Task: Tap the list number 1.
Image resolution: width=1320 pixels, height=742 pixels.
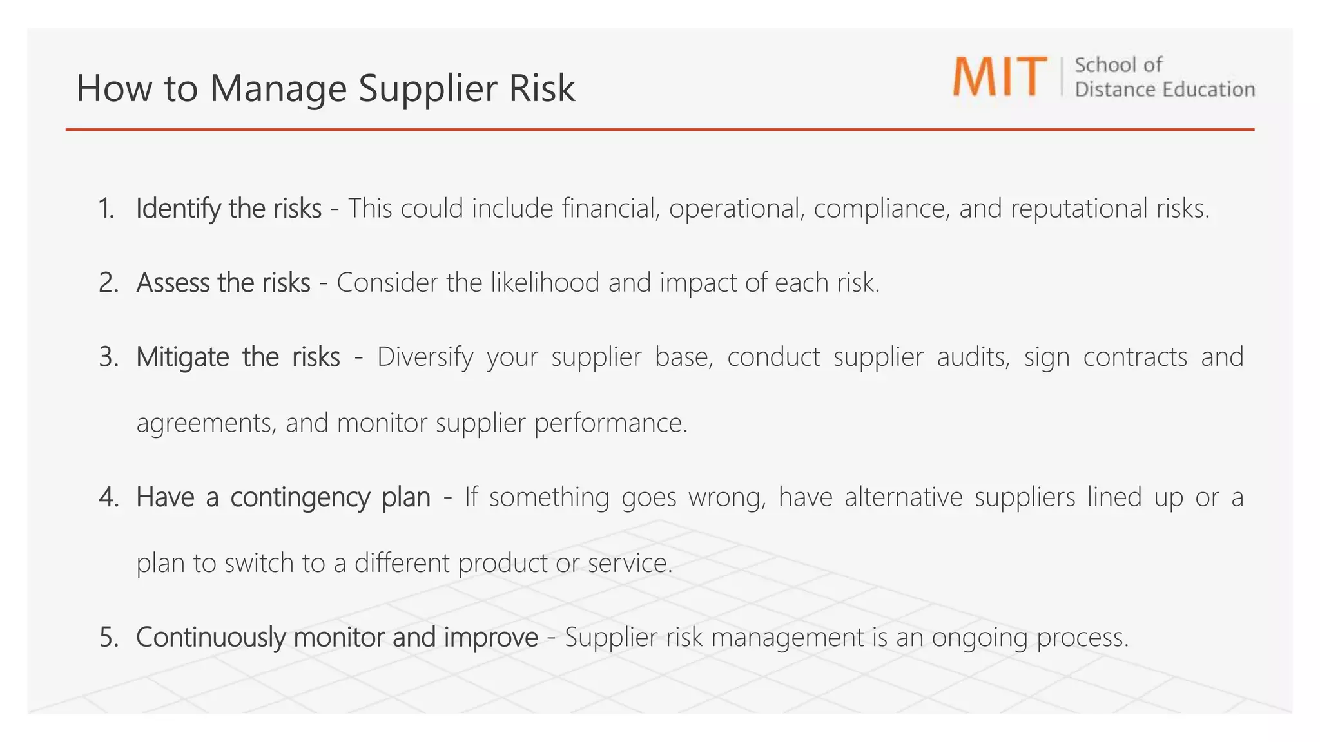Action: click(x=106, y=209)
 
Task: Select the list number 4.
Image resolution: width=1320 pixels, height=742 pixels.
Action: click(x=109, y=497)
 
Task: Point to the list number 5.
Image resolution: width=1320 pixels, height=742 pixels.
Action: click(x=109, y=637)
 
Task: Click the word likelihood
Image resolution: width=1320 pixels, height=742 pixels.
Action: click(x=545, y=283)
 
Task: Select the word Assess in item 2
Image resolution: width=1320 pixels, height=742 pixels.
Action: click(x=173, y=283)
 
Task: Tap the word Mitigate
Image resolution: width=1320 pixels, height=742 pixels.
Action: click(x=182, y=357)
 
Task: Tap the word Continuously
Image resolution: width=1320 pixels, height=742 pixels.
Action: click(x=211, y=637)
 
